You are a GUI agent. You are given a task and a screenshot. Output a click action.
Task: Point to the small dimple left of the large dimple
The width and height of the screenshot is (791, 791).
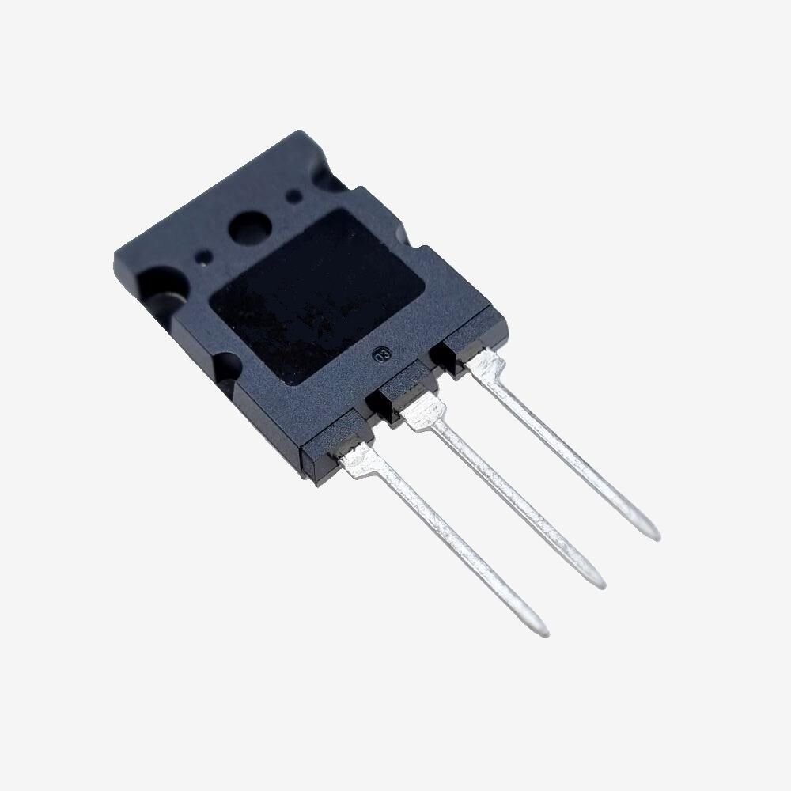pos(205,255)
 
